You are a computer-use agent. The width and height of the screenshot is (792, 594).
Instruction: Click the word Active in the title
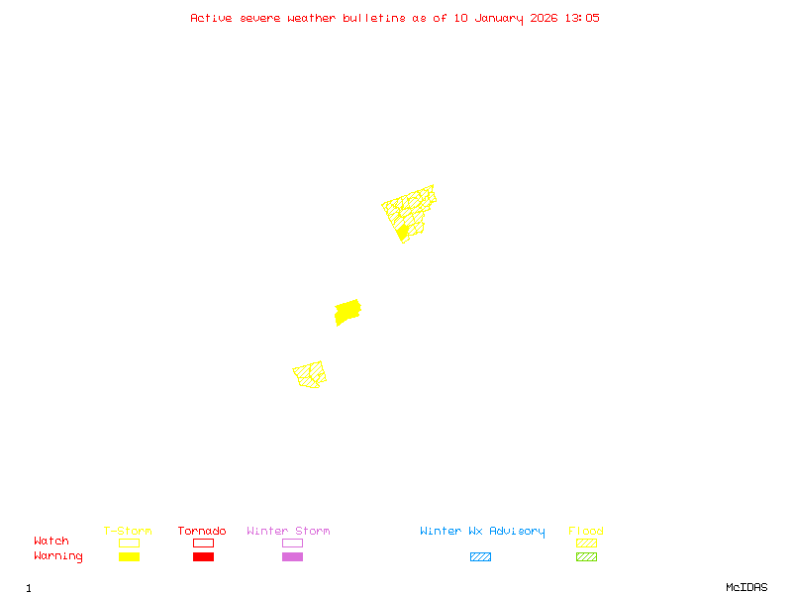pos(212,18)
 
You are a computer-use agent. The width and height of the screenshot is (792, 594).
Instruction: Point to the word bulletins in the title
pos(374,18)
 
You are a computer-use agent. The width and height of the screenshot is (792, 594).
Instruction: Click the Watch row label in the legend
pos(51,542)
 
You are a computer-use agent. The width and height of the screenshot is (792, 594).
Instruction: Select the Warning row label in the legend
pos(58,556)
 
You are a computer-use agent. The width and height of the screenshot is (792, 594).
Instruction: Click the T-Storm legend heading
pos(128,532)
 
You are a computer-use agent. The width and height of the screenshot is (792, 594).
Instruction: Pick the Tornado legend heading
pos(202,532)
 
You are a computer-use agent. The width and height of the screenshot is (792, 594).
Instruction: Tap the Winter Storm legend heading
pos(288,532)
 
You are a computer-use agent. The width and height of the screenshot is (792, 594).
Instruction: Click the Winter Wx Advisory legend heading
pos(482,532)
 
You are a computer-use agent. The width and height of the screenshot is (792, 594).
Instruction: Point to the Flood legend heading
pos(586,532)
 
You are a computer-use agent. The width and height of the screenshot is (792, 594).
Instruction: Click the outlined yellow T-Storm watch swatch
pos(129,543)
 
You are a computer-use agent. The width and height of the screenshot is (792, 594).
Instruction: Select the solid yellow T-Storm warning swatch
pos(129,557)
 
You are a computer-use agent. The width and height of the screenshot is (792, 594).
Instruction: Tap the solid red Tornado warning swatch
pos(203,557)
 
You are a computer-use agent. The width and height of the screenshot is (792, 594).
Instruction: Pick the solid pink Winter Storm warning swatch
pos(292,557)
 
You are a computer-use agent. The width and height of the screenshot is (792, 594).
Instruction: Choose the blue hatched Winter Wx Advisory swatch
pos(480,557)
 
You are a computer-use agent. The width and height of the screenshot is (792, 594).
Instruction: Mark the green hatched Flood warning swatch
pos(586,557)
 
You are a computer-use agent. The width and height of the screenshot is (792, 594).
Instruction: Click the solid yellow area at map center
pos(347,312)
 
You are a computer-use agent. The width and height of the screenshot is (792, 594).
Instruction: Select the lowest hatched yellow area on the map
pos(310,374)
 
